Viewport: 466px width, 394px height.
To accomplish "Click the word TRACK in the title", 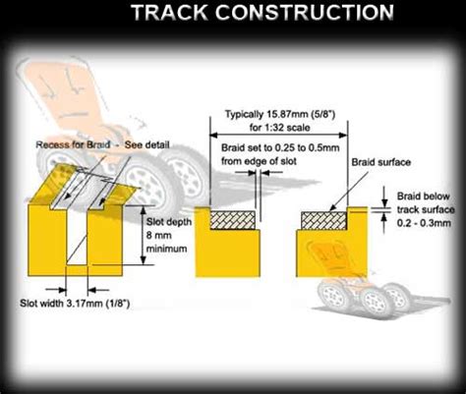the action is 169,13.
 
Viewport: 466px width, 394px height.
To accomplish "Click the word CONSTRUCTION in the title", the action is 304,13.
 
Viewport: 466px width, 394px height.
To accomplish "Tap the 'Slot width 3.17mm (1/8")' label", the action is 75,304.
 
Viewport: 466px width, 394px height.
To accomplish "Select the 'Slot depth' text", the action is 169,222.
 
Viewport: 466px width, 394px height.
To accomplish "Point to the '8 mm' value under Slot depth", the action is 159,235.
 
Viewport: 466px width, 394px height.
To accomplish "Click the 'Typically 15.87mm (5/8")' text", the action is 280,114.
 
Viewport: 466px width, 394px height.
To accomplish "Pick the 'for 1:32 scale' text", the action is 279,127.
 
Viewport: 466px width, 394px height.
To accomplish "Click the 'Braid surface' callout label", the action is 380,162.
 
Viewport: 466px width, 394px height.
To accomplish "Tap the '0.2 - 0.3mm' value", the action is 424,223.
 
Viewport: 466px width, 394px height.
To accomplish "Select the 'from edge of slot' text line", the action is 259,161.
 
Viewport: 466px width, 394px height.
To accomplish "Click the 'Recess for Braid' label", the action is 73,144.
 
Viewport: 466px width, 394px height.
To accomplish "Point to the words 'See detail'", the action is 147,144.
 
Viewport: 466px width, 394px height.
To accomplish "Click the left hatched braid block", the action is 233,220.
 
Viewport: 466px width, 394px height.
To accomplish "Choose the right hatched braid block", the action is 323,221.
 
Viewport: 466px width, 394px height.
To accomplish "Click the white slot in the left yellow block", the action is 78,235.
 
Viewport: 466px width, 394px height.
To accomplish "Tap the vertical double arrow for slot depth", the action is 143,235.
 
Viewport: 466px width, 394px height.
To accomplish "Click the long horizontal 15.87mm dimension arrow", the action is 278,135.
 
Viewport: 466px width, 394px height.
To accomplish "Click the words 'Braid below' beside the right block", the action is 423,197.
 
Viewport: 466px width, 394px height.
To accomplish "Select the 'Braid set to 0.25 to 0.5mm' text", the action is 280,147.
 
